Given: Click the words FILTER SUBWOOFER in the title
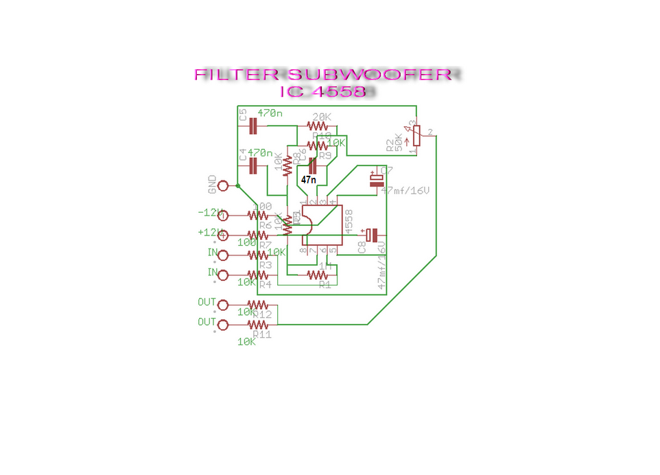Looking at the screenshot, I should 322,75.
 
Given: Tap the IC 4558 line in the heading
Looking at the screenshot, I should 322,91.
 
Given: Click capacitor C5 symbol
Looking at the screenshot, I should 252,126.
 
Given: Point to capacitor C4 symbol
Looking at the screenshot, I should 252,165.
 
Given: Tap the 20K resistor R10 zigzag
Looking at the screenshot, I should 318,126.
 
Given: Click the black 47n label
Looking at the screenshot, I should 309,179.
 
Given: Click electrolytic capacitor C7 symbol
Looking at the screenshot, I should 377,180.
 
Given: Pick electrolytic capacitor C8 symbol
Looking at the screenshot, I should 372,235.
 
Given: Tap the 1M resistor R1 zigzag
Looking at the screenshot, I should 317,275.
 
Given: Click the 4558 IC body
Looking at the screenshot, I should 322,225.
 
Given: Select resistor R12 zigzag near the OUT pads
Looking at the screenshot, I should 257,304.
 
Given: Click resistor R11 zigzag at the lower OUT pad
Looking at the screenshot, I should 257,324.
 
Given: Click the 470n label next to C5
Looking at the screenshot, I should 270,112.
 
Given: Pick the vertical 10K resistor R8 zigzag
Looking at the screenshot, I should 287,165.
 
